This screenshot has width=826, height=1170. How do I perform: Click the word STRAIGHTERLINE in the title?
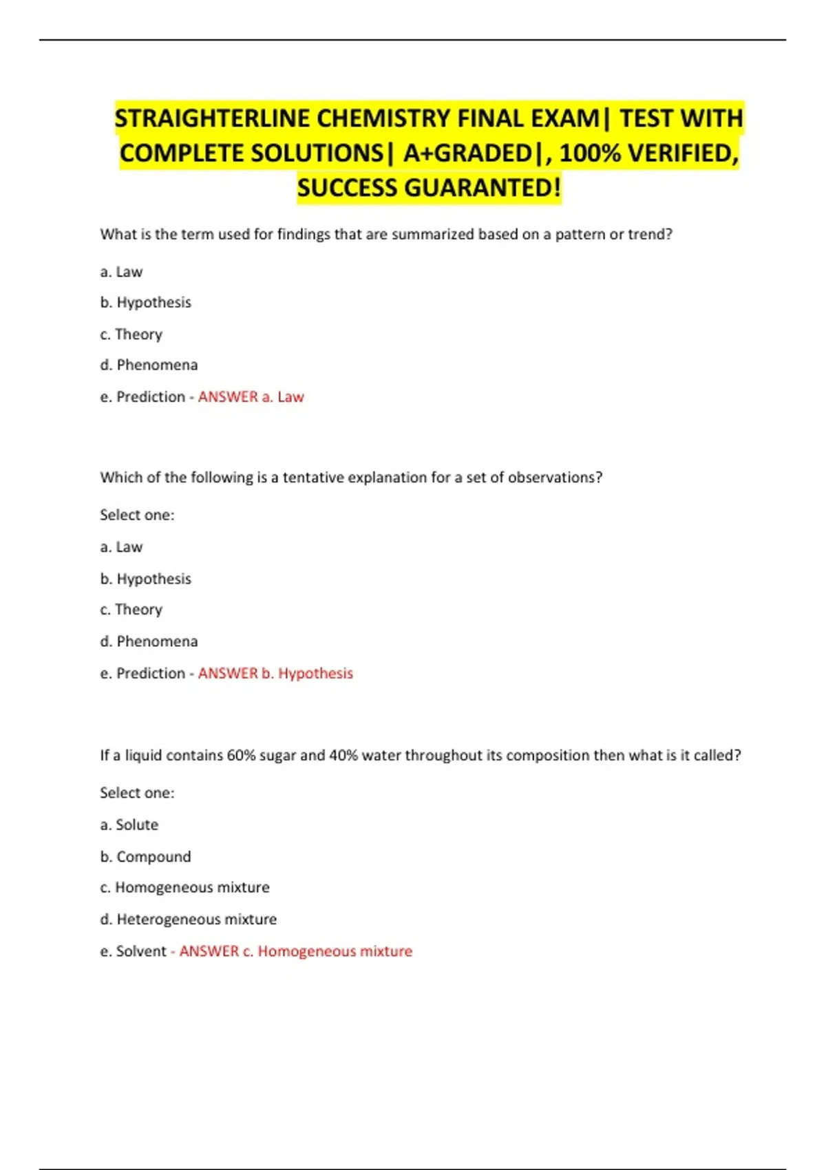212,118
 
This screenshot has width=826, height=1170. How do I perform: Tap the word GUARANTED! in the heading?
483,187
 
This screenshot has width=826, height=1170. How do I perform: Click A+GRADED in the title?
467,153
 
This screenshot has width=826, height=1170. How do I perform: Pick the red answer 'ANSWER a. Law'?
251,397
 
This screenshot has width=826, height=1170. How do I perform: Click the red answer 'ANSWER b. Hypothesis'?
275,673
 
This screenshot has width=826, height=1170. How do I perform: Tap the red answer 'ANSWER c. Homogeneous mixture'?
295,951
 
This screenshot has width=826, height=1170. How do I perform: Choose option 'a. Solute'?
129,825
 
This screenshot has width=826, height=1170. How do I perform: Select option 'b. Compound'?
145,856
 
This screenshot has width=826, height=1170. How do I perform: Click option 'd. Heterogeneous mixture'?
188,919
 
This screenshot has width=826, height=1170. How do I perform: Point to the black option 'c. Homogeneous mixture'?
184,888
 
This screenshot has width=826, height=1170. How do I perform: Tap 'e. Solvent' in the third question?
133,951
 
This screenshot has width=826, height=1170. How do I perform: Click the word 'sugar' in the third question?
278,756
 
